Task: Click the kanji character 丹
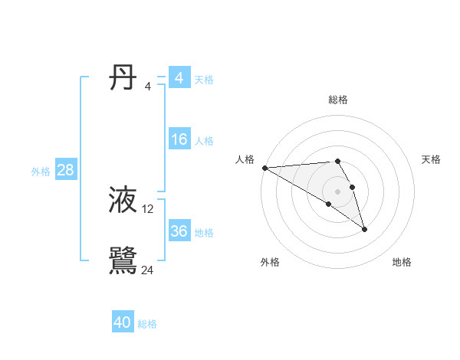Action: [123, 77]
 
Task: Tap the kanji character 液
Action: [123, 201]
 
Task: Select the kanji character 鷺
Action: [123, 260]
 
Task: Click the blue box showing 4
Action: [179, 78]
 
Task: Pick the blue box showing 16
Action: [179, 139]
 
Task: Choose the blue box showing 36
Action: [179, 231]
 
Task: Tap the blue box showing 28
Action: [65, 170]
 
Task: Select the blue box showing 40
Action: [123, 322]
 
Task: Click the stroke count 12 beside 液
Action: [148, 209]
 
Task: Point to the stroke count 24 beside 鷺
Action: [148, 270]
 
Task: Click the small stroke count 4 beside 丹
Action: [148, 86]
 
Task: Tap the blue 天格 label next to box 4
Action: [204, 79]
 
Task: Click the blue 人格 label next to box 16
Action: [204, 141]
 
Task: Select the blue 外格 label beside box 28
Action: [41, 172]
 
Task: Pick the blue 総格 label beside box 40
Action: [147, 324]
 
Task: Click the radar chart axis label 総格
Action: [338, 100]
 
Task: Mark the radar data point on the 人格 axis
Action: [264, 168]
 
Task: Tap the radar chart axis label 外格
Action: [270, 263]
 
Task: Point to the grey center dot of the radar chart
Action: [337, 191]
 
